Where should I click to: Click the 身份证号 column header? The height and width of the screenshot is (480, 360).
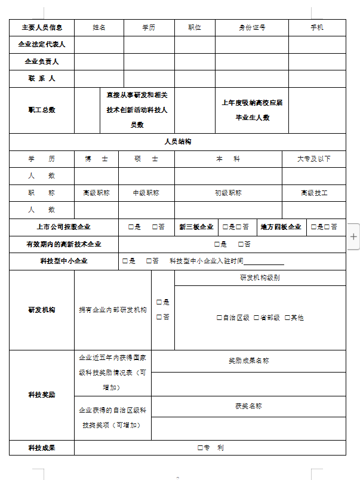pyautogui.click(x=252, y=27)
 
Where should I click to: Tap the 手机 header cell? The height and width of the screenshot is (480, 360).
pyautogui.click(x=317, y=27)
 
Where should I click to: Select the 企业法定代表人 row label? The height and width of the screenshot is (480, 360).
pyautogui.click(x=42, y=44)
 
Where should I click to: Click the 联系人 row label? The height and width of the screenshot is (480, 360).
pyautogui.click(x=42, y=78)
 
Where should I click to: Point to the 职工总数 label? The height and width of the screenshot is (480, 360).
pyautogui.click(x=42, y=110)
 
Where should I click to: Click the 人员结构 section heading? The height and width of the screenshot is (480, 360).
pyautogui.click(x=177, y=141)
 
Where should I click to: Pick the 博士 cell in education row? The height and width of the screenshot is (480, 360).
pyautogui.click(x=96, y=159)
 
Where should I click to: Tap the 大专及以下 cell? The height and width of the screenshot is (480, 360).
pyautogui.click(x=313, y=159)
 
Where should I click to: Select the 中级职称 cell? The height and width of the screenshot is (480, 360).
pyautogui.click(x=146, y=193)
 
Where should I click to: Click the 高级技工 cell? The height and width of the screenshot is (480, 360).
pyautogui.click(x=313, y=193)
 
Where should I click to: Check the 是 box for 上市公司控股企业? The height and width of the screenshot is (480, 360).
pyautogui.click(x=131, y=227)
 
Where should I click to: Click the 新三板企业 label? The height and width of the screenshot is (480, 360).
pyautogui.click(x=196, y=227)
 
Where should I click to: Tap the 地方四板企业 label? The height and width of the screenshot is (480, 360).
pyautogui.click(x=281, y=227)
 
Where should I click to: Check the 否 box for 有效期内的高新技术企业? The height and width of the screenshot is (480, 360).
pyautogui.click(x=241, y=244)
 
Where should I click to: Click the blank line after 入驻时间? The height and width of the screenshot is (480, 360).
pyautogui.click(x=264, y=261)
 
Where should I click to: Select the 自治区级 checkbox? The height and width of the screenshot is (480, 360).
pyautogui.click(x=220, y=318)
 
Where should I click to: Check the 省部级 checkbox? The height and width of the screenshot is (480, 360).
pyautogui.click(x=257, y=318)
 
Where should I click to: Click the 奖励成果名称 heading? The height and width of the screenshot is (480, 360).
pyautogui.click(x=248, y=361)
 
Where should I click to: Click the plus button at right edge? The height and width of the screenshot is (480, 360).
pyautogui.click(x=353, y=236)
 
